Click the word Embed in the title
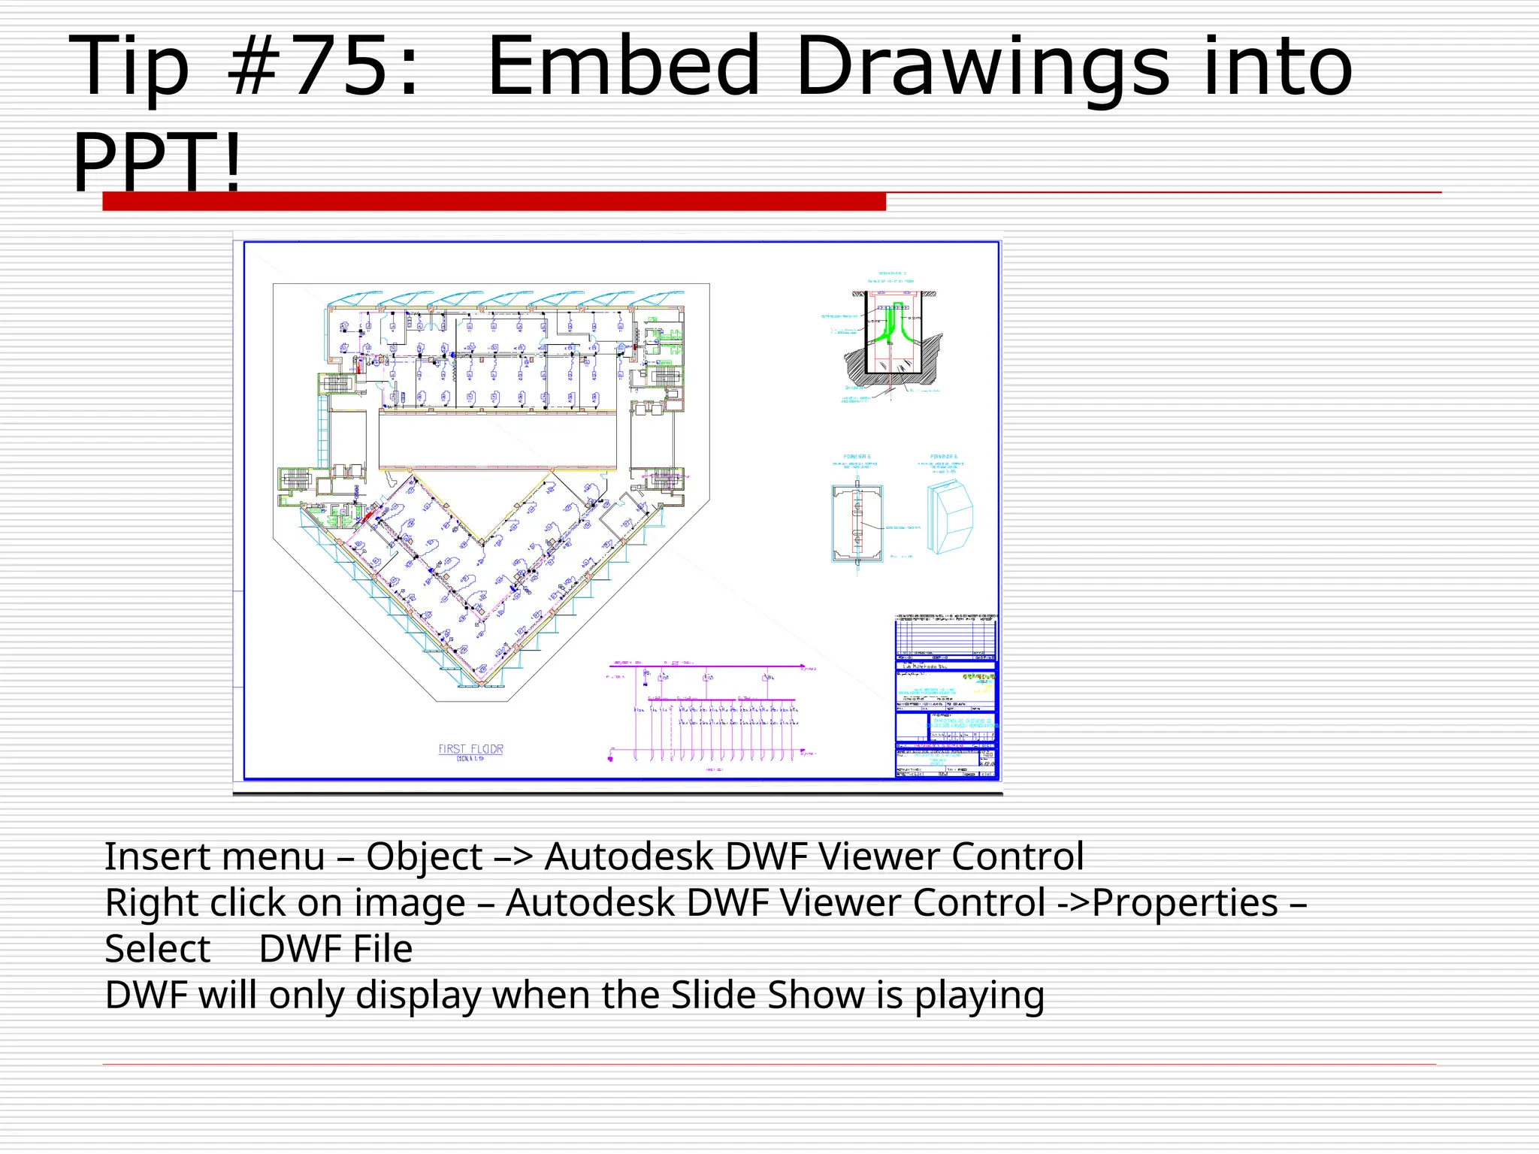pos(624,68)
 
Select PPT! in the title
pos(158,162)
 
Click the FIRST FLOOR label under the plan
pos(470,749)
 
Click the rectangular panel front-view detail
pos(857,524)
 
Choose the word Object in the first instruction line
pos(425,856)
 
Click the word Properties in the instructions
pos(1184,902)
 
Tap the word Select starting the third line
pos(157,949)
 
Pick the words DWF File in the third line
pos(336,949)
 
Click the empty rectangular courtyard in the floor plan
pos(497,440)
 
